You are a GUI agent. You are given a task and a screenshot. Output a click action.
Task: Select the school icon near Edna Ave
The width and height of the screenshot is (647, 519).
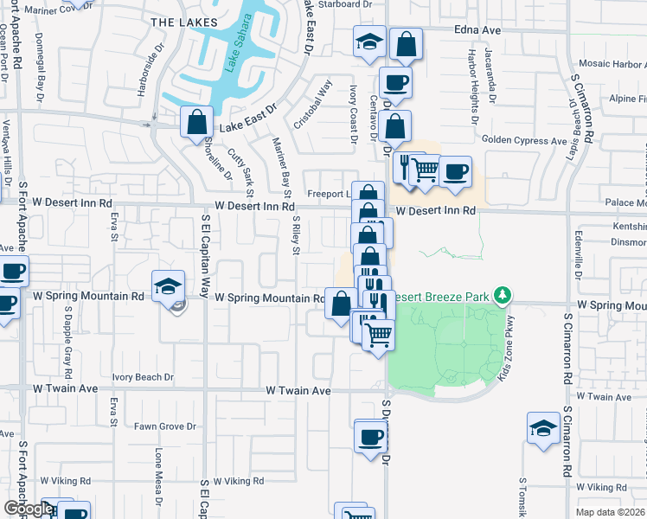click(x=369, y=42)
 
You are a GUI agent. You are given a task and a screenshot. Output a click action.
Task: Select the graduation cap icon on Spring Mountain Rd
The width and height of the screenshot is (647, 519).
click(x=169, y=286)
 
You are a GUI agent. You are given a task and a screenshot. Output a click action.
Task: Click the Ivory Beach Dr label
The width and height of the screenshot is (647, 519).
click(x=143, y=377)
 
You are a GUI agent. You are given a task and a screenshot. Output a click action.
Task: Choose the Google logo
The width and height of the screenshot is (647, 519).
click(x=28, y=509)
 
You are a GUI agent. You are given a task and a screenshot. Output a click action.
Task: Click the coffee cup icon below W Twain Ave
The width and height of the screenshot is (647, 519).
click(x=371, y=436)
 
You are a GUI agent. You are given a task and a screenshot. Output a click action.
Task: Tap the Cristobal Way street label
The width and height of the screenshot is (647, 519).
click(x=312, y=105)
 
